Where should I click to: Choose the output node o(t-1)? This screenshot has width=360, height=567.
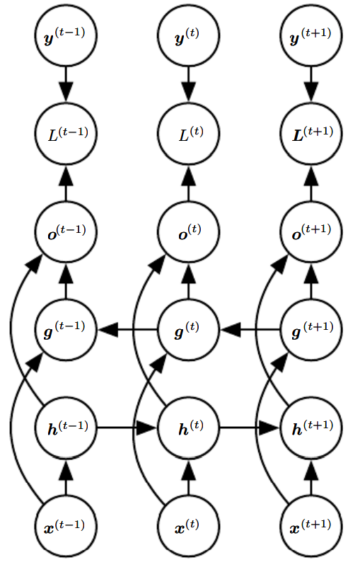pos(66,231)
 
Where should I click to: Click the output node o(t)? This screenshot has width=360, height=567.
pos(188,231)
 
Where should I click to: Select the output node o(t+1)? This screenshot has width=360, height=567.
pos(310,231)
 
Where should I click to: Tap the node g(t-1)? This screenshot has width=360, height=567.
pos(66,329)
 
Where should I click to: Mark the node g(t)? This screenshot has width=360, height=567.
pos(188,329)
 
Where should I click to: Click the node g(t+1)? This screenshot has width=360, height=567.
pos(310,329)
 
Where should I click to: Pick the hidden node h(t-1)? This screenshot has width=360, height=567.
pos(66,428)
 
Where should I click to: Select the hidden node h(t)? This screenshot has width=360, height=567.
pos(188,428)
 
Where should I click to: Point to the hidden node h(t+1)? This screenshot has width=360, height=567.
pos(310,428)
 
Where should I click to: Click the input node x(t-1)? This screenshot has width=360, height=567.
pos(66,526)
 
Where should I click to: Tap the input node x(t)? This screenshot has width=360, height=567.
pos(188,526)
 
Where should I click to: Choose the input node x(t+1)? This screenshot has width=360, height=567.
pos(310,526)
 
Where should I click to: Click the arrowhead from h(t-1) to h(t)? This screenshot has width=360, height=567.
pos(147,428)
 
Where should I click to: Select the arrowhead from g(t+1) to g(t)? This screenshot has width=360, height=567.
pos(230,329)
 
